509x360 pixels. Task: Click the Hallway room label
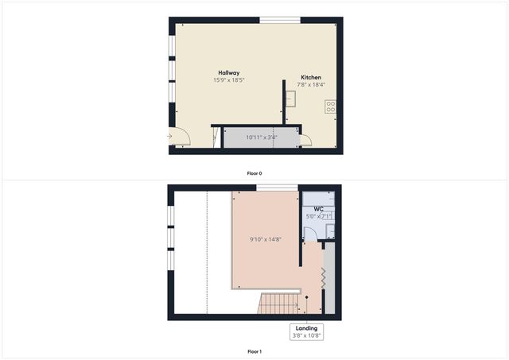(x=229, y=72)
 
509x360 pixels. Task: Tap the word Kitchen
(x=311, y=77)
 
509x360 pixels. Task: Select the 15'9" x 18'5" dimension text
(x=229, y=80)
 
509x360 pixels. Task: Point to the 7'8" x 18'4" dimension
(x=311, y=84)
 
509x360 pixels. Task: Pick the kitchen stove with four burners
(x=330, y=105)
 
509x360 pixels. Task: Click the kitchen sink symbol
(x=291, y=99)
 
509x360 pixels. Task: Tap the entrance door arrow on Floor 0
(x=169, y=137)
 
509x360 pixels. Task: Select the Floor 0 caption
(x=254, y=172)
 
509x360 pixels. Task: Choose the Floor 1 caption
(x=254, y=350)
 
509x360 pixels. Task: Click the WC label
(x=318, y=210)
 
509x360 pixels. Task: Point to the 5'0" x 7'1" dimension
(x=318, y=217)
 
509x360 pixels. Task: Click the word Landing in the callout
(x=307, y=328)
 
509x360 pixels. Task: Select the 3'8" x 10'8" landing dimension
(x=307, y=335)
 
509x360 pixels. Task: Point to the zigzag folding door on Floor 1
(x=323, y=278)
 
